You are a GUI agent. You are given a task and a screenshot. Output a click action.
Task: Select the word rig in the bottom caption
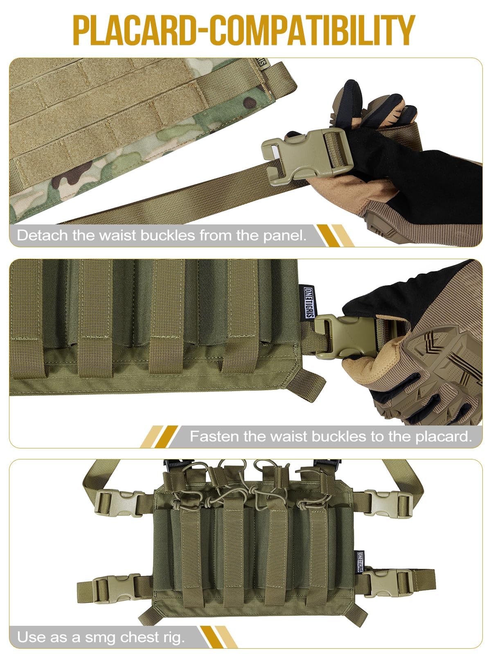172,637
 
